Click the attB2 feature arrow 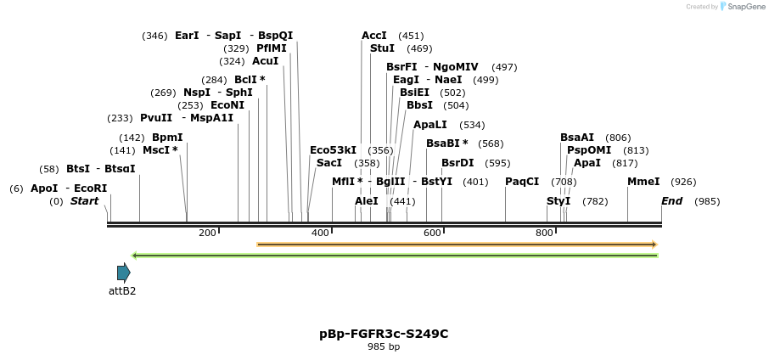coord(124,273)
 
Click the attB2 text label coord(122,290)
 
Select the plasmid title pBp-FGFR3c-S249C coord(384,334)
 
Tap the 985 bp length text coord(384,346)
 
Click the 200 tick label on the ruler coord(207,233)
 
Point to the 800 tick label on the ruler coord(544,233)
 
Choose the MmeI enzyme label coord(643,182)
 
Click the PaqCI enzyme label coord(522,182)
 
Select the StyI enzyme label coord(559,201)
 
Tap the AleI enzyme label coord(367,201)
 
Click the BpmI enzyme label coord(167,138)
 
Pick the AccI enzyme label coord(374,36)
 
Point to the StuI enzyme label coord(382,48)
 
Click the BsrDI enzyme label coord(457,163)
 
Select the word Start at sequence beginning coord(84,201)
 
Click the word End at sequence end coord(671,201)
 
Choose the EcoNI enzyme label coord(227,105)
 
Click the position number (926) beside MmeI coord(683,182)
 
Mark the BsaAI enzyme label coord(577,138)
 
